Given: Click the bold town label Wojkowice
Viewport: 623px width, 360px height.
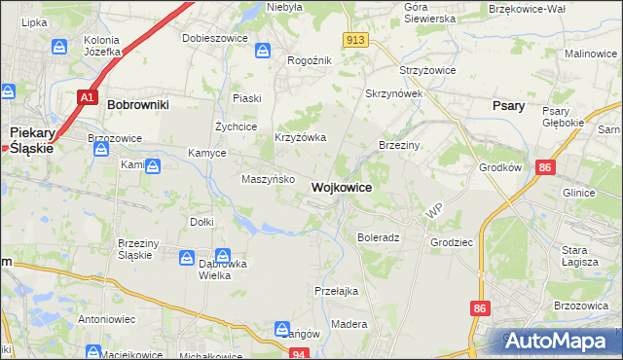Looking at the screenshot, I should coord(341,186).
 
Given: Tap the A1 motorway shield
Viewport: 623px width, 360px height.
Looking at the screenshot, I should coord(87,97).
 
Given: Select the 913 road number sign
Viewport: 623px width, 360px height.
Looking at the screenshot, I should coord(354,39).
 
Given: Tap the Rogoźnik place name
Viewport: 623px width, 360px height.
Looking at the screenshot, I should coord(310,60).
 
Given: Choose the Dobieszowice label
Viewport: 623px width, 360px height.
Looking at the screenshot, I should coord(212,39).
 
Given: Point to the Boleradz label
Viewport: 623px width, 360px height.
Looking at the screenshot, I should coord(379,237).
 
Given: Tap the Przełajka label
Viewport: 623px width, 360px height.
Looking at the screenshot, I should coord(337,290).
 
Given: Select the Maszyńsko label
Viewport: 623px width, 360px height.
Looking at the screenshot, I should coord(262,179).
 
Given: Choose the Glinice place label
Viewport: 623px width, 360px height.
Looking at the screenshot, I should coord(578,193).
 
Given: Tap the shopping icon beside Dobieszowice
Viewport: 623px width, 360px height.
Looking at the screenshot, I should coord(263,50).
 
